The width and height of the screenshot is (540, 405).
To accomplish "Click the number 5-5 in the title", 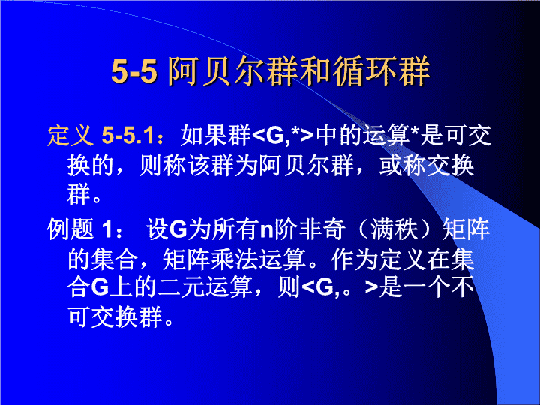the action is pyautogui.click(x=134, y=71).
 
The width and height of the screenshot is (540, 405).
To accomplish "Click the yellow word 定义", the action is pyautogui.click(x=70, y=135).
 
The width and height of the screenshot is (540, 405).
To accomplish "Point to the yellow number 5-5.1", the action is pyautogui.click(x=127, y=135).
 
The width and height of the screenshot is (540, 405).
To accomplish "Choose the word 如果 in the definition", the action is pyautogui.click(x=204, y=135).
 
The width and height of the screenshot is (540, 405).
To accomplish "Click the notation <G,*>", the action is pyautogui.click(x=283, y=135).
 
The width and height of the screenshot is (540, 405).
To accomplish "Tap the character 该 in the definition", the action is pyautogui.click(x=199, y=166).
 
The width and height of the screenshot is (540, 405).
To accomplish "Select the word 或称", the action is pyautogui.click(x=402, y=166).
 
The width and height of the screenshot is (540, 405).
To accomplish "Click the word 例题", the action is pyautogui.click(x=70, y=229).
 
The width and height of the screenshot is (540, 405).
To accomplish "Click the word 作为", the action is pyautogui.click(x=355, y=259).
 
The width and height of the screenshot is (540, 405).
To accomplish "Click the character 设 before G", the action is pyautogui.click(x=157, y=229).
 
